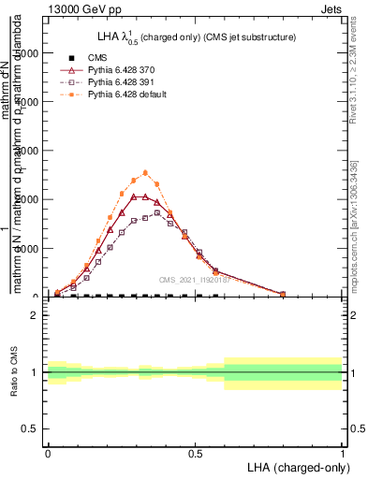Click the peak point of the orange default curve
click(x=145, y=172)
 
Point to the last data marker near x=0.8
click(x=283, y=294)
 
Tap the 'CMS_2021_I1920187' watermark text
click(x=195, y=280)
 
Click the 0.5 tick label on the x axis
click(x=196, y=452)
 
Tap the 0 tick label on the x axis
click(x=49, y=452)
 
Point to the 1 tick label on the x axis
click(x=343, y=452)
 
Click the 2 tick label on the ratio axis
click(x=35, y=315)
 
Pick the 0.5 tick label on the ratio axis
click(x=30, y=428)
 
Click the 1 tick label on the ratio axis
click(x=35, y=371)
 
